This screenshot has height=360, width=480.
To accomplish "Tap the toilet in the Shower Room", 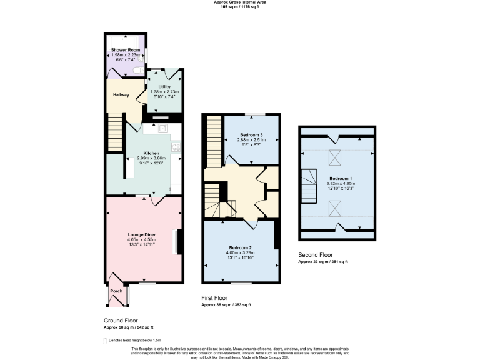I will click(x=138, y=71).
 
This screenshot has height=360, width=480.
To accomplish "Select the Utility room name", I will click(x=164, y=87).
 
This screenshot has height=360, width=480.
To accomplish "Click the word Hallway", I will click(x=121, y=95).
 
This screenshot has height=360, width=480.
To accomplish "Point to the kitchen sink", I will click(x=162, y=128).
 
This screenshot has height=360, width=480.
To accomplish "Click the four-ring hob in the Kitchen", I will click(x=176, y=147).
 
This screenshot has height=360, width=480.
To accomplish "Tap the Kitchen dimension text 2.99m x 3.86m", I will click(x=151, y=158).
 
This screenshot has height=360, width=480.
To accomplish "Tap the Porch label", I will click(x=116, y=291).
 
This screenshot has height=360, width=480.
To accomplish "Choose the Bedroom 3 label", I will click(x=251, y=135).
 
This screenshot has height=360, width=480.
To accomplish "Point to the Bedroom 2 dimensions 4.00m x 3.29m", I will click(x=241, y=252).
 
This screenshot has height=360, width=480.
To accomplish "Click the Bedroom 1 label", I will click(x=340, y=178).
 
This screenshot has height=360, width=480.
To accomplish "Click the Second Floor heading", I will click(x=316, y=255).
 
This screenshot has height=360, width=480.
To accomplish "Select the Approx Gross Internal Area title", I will click(x=240, y=2).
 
